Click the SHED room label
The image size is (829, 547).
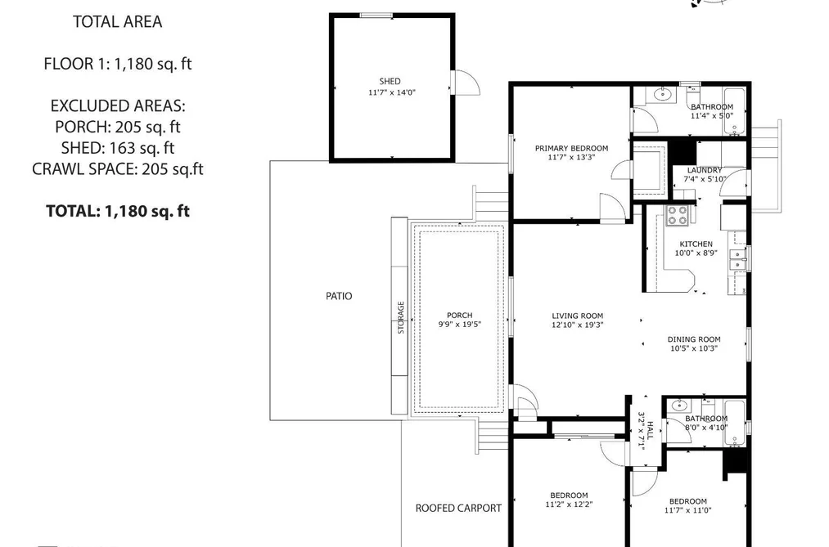(390, 81)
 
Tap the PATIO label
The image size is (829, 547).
(339, 296)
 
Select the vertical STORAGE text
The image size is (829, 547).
(401, 317)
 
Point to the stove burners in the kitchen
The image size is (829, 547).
(678, 215)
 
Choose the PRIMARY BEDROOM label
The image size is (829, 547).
(571, 148)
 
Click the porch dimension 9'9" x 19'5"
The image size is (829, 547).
(459, 324)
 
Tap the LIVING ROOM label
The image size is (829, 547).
(577, 316)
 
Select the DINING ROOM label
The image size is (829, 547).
(694, 339)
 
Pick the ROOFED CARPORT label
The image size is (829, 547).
(458, 509)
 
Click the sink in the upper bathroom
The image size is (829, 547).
(662, 95)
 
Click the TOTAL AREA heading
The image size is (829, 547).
(117, 21)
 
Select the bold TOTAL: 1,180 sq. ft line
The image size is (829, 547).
(117, 211)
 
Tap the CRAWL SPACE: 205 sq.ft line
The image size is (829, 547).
(117, 169)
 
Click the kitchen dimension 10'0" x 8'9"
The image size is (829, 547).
(696, 253)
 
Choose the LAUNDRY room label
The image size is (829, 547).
(705, 170)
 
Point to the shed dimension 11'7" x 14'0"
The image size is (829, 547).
(392, 92)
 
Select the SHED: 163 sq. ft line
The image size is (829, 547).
(117, 148)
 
